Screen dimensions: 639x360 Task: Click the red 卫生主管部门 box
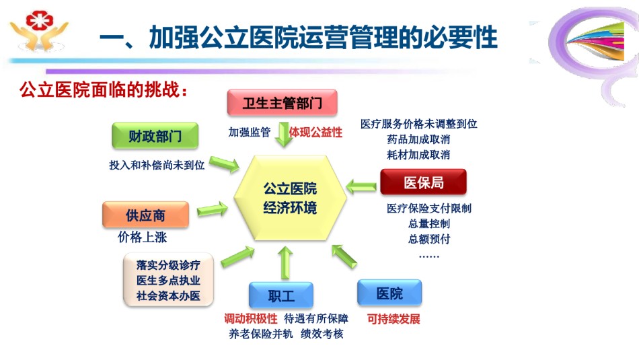(282, 102)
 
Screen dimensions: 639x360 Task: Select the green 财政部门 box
(155, 135)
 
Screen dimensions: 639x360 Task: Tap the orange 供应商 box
(145, 215)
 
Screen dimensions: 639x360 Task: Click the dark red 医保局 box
(423, 182)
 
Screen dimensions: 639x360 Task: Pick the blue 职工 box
(281, 295)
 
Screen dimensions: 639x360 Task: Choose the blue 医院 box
(389, 293)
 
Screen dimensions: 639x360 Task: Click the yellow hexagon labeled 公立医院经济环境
(290, 198)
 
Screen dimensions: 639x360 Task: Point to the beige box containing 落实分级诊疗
(168, 280)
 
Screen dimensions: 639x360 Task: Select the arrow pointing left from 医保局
(361, 186)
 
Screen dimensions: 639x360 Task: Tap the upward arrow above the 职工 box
(285, 262)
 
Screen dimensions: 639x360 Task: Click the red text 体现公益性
(315, 132)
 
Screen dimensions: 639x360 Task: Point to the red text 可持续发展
(393, 319)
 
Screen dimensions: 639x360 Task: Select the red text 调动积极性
(251, 318)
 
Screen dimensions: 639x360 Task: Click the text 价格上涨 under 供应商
(142, 237)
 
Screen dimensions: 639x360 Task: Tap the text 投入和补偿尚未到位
(157, 165)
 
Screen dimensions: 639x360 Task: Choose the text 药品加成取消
(418, 139)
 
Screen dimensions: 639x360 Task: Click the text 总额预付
(429, 239)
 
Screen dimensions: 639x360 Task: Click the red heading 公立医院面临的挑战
(104, 89)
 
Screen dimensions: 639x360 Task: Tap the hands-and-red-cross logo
(39, 31)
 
